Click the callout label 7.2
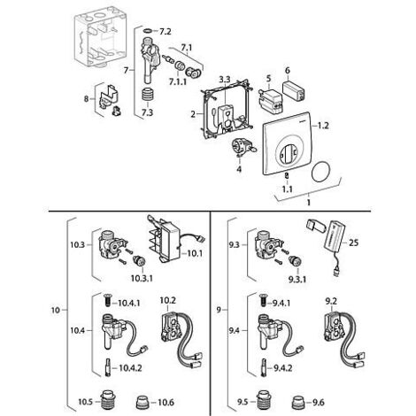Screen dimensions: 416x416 (x=166, y=31)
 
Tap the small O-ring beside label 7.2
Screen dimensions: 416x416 (x=148, y=30)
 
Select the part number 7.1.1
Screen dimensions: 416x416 (x=178, y=81)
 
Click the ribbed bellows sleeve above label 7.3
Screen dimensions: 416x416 (x=148, y=96)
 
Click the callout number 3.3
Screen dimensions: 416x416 (x=225, y=80)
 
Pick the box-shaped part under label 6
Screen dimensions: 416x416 (x=294, y=90)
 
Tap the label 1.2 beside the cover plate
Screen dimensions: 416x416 (x=323, y=126)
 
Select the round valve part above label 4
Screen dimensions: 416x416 (x=242, y=146)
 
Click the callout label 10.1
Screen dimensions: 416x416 (x=195, y=253)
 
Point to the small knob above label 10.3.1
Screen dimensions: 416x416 (x=140, y=261)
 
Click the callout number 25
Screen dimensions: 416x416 (x=353, y=243)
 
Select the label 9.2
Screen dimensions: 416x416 (x=331, y=302)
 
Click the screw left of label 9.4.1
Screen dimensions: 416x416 (x=263, y=302)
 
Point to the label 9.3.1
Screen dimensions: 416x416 (x=297, y=279)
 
